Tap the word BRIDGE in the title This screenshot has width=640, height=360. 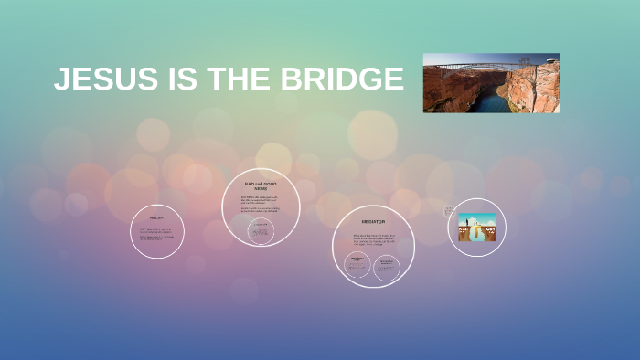342,80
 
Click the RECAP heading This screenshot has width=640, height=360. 156,218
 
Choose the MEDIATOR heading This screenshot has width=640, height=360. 373,222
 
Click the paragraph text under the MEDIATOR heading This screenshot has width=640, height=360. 373,239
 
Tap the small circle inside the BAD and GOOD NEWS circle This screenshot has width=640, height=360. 260,231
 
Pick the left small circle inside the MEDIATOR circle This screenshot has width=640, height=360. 357,266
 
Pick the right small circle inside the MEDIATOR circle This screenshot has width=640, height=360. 386,266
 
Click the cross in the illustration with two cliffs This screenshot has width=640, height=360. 476,228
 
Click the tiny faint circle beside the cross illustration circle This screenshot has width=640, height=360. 449,211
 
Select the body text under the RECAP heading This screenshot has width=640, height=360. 156,233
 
